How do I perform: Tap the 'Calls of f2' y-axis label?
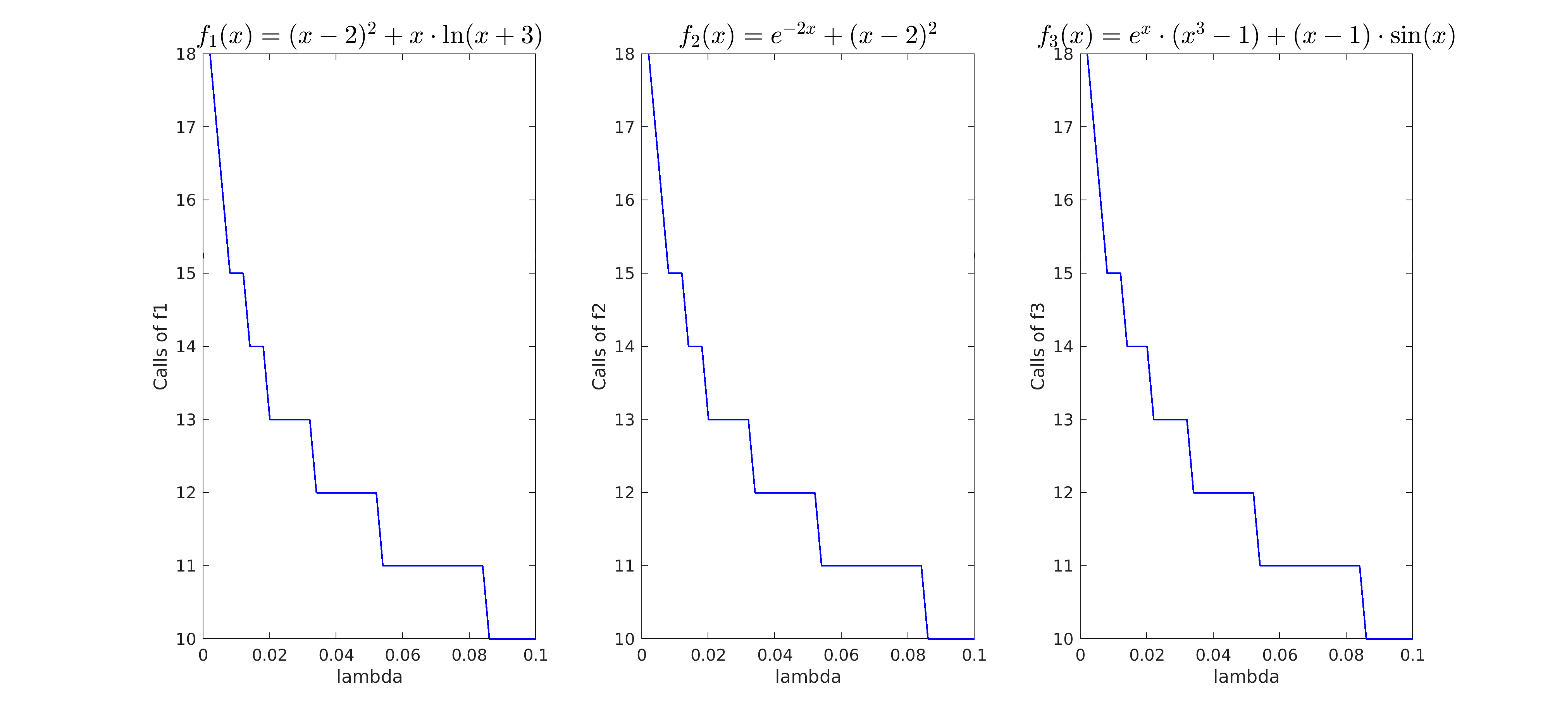[x=599, y=346]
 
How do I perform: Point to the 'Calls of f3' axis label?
[x=1037, y=346]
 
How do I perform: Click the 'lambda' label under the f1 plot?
[x=369, y=677]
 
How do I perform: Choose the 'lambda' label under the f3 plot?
[x=1246, y=677]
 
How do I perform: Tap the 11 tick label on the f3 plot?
[x=1063, y=566]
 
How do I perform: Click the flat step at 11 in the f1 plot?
[x=432, y=566]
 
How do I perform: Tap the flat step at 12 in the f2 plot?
[x=785, y=492]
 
